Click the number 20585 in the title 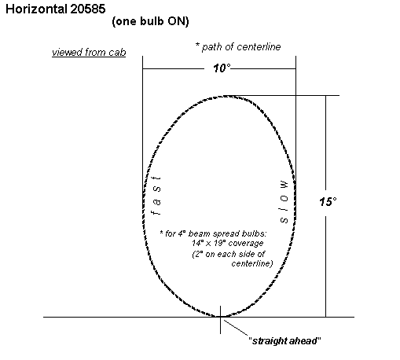tap(88, 9)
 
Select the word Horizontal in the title tap(36, 9)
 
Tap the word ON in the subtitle tap(177, 21)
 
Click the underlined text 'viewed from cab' tap(89, 52)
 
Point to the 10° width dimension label tap(222, 68)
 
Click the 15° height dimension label tap(328, 202)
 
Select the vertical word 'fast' tap(156, 195)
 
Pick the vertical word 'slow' tap(284, 202)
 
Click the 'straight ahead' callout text tap(284, 341)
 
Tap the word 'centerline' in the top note tap(259, 47)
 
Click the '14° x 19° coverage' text tap(228, 243)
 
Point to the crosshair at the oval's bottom tap(220, 317)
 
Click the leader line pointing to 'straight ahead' tap(236, 328)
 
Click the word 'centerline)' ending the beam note tap(252, 263)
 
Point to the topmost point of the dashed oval tap(226, 96)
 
